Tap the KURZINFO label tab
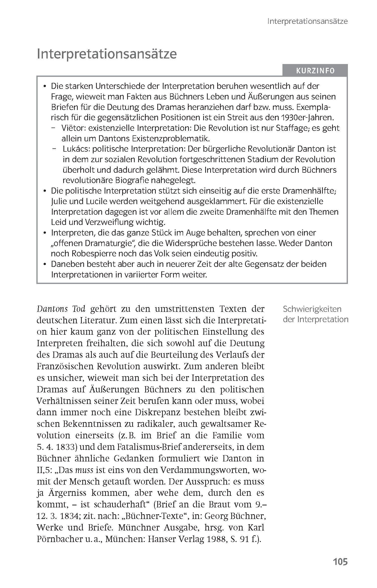315,71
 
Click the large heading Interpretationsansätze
107,54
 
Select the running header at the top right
307,21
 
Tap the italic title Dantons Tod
61,309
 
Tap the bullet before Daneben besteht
45,264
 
